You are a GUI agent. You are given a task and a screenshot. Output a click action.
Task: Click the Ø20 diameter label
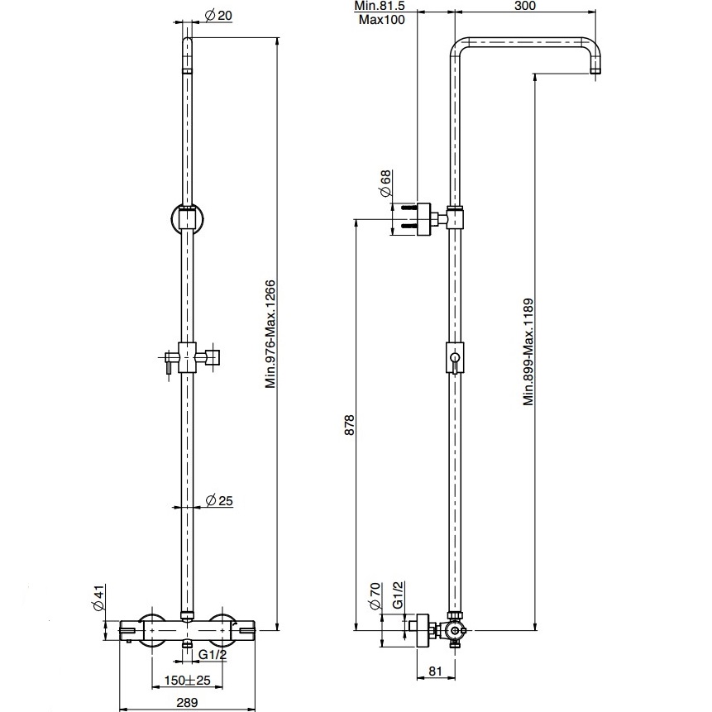pyautogui.click(x=219, y=16)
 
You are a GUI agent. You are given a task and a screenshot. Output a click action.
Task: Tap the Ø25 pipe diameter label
pyautogui.click(x=219, y=500)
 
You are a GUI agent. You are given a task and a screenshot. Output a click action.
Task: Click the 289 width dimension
pyautogui.click(x=187, y=702)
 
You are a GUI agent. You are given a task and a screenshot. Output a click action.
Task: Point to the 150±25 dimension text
pyautogui.click(x=188, y=680)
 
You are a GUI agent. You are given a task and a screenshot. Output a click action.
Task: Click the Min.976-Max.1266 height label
pyautogui.click(x=270, y=335)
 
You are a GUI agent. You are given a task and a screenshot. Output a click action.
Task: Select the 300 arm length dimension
pyautogui.click(x=525, y=6)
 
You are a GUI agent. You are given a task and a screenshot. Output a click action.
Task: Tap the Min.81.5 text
pyautogui.click(x=380, y=6)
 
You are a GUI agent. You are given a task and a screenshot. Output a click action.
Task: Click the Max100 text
pyautogui.click(x=381, y=20)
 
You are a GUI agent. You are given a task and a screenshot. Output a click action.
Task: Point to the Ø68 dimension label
pyautogui.click(x=385, y=184)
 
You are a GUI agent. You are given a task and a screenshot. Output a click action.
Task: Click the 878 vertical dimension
pyautogui.click(x=349, y=424)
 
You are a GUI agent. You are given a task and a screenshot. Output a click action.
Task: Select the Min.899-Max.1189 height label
pyautogui.click(x=528, y=352)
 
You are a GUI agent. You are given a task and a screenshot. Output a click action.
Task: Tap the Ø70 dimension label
pyautogui.click(x=375, y=595)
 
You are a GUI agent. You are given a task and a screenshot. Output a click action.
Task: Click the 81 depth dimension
pyautogui.click(x=435, y=671)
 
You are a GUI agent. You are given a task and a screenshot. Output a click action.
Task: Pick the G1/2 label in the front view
pyautogui.click(x=213, y=655)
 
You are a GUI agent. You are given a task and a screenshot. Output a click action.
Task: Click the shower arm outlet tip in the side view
pyautogui.click(x=595, y=70)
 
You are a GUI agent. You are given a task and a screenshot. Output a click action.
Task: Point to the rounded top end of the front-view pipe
pyautogui.click(x=187, y=41)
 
